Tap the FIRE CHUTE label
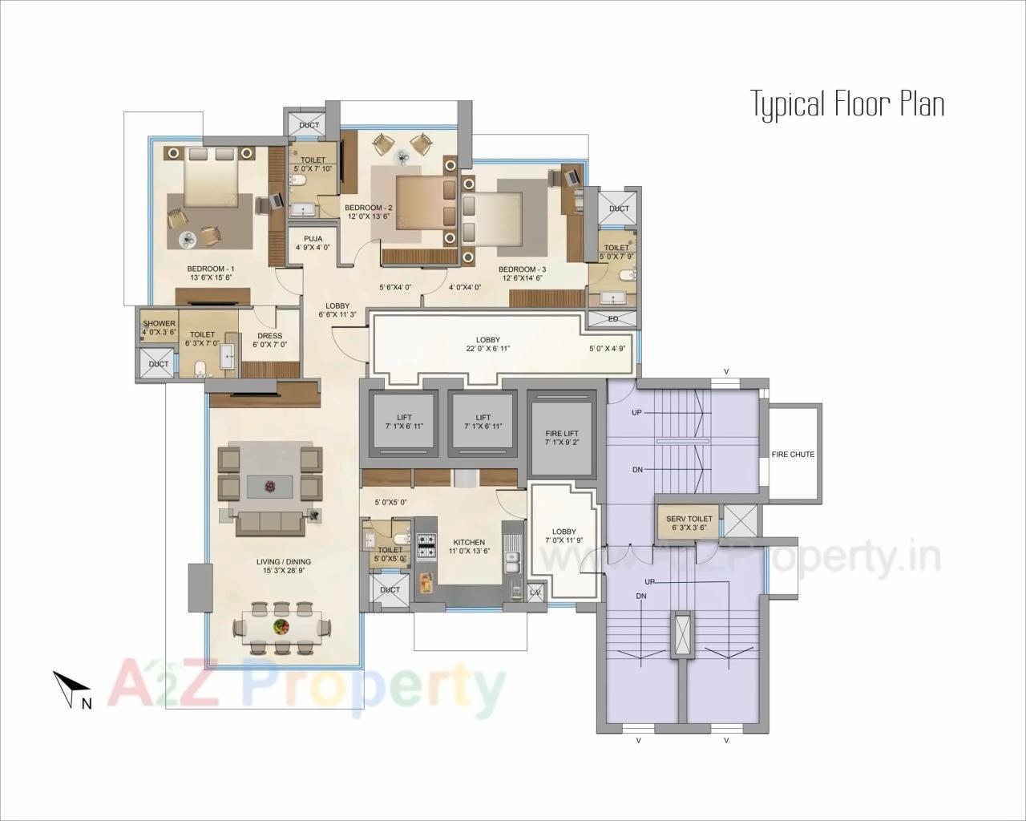[x=793, y=455]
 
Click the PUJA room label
[x=313, y=239]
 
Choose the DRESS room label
[x=269, y=336]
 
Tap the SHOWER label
[x=159, y=324]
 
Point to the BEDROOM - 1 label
[x=210, y=269]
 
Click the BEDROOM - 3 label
[x=522, y=269]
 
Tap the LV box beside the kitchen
[x=535, y=592]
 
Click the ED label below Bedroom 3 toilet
[x=613, y=319]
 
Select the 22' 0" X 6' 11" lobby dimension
[x=487, y=349]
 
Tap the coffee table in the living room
[x=269, y=485]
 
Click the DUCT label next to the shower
[x=159, y=364]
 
